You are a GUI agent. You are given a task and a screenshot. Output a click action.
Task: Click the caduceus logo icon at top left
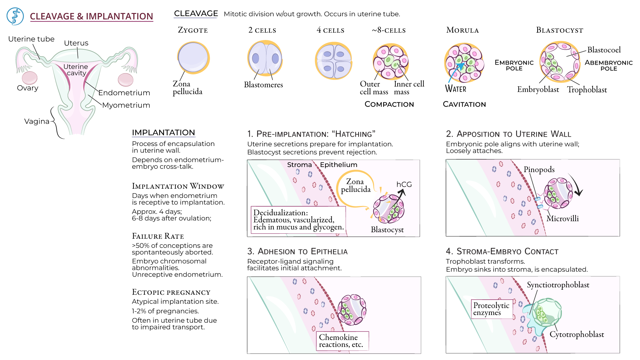click(x=15, y=16)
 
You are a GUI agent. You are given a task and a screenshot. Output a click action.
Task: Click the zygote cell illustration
click(x=193, y=57)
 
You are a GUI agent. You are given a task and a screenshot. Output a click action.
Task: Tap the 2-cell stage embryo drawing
click(x=265, y=58)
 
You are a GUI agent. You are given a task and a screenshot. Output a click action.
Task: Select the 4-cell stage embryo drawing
click(x=334, y=61)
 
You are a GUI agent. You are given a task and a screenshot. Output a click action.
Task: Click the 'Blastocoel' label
click(x=604, y=50)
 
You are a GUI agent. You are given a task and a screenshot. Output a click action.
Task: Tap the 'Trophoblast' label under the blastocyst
click(x=587, y=90)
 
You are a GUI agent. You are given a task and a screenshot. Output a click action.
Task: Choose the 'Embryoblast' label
click(x=538, y=89)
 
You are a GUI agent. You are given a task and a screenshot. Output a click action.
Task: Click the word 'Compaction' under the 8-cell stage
click(x=389, y=104)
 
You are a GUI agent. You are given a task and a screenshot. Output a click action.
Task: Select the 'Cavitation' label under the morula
click(x=464, y=104)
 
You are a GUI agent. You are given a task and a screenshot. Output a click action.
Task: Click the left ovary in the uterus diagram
click(x=30, y=78)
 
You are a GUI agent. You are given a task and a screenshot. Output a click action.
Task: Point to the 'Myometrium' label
click(x=126, y=105)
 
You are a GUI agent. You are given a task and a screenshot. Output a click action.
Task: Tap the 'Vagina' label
click(x=37, y=121)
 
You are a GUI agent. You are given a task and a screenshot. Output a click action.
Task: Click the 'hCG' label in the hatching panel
click(x=404, y=184)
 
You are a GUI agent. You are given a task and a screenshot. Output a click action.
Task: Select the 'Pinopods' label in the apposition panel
click(x=539, y=170)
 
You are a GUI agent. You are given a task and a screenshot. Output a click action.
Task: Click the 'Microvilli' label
click(x=562, y=219)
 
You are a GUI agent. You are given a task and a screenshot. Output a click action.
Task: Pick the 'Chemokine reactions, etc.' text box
click(x=342, y=341)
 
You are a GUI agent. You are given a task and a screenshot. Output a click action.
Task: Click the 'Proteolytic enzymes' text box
click(x=491, y=309)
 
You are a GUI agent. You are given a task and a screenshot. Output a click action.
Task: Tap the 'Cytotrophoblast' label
click(x=576, y=334)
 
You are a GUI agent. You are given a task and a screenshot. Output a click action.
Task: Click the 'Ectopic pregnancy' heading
click(x=171, y=292)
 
